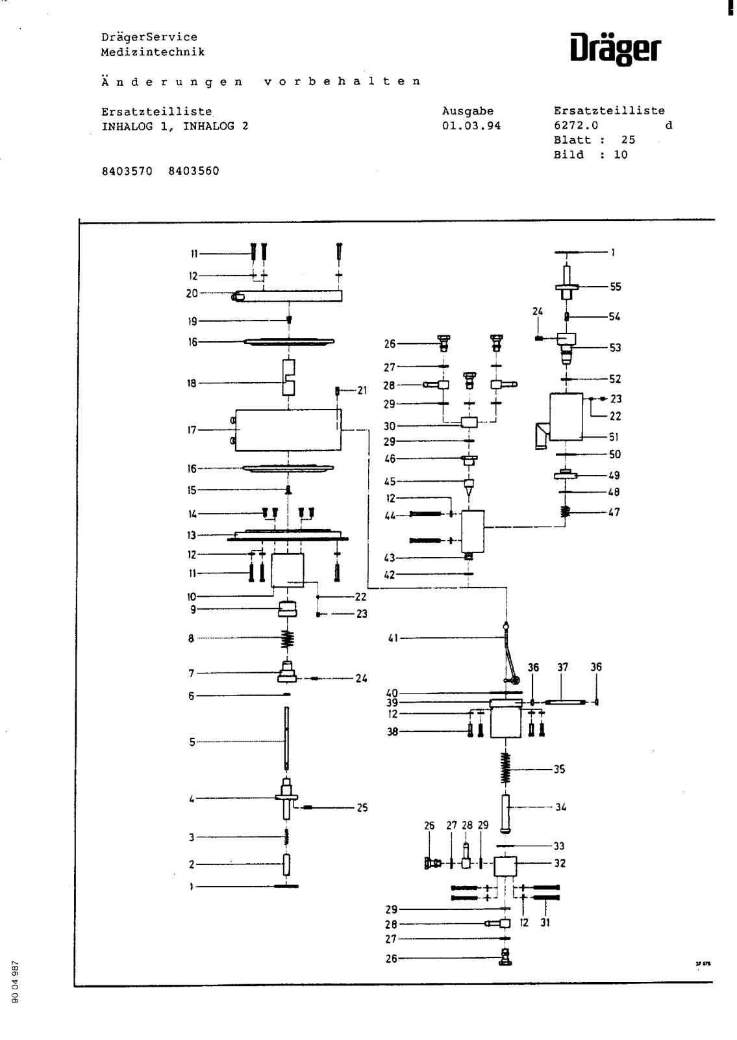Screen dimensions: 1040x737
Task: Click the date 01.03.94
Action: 471,126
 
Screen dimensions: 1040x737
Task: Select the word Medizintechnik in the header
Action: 153,52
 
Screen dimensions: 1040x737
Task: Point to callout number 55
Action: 615,287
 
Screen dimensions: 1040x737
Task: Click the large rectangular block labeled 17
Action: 288,430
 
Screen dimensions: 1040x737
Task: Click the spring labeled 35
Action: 506,769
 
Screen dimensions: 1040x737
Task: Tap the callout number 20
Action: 192,293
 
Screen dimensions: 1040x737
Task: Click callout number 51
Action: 614,437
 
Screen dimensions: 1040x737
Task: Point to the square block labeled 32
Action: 505,866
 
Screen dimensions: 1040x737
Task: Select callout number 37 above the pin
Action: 562,668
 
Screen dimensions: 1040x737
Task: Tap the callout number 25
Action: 362,808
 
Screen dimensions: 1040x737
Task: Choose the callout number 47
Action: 614,512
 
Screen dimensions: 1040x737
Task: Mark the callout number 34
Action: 560,807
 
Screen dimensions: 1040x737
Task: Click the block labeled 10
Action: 287,570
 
